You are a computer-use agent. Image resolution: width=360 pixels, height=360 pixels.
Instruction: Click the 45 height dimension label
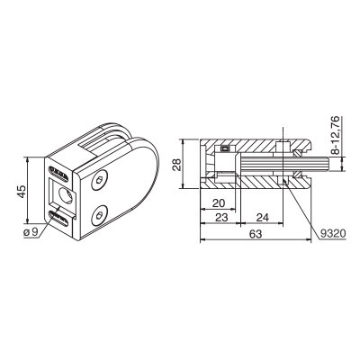(22, 191)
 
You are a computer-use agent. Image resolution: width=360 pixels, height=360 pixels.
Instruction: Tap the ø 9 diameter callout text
(31, 231)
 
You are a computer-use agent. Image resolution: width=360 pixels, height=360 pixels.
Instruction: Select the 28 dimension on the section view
(177, 164)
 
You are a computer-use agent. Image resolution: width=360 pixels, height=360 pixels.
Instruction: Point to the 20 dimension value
(219, 203)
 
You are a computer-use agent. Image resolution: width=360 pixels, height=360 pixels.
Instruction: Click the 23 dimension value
(221, 217)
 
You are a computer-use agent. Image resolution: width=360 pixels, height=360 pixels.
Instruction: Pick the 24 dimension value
(262, 217)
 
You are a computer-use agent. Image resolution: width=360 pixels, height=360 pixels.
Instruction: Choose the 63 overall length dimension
(256, 234)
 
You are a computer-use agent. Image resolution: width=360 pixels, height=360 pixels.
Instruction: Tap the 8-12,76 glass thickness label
(336, 135)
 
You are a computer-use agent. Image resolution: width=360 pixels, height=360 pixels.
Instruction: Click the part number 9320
(332, 233)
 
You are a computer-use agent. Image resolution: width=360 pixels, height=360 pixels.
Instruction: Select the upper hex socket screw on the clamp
(99, 181)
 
